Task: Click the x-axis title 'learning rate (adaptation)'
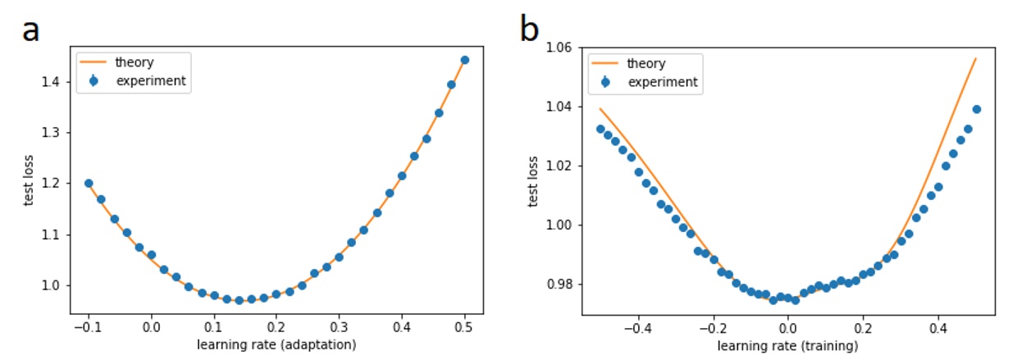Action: pos(276,345)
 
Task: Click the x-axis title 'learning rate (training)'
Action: pos(788,345)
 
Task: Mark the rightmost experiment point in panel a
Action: pos(464,60)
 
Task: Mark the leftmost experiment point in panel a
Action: pos(89,184)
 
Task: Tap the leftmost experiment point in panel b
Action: pos(600,129)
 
